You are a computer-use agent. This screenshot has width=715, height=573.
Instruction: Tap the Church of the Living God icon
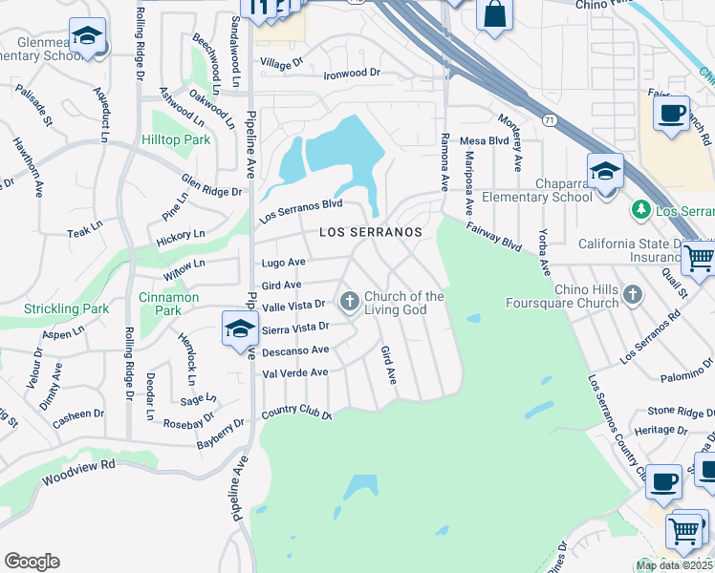tap(350, 302)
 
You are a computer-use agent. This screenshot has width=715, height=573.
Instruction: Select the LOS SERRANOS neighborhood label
tap(370, 232)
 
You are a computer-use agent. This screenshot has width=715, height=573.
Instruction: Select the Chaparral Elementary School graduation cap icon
tap(605, 172)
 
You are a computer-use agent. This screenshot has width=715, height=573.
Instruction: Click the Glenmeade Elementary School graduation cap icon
tap(88, 37)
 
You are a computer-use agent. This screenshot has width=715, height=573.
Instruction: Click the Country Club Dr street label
tap(295, 414)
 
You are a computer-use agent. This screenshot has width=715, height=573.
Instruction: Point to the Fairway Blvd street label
tap(493, 237)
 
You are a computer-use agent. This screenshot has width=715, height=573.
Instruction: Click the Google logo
tap(32, 562)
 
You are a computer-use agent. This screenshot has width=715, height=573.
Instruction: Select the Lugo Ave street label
tap(284, 262)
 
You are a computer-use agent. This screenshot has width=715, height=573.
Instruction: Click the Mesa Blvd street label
tap(483, 140)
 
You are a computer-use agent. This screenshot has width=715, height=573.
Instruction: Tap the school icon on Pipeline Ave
tap(240, 330)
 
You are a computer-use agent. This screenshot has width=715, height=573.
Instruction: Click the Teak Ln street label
tap(84, 230)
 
